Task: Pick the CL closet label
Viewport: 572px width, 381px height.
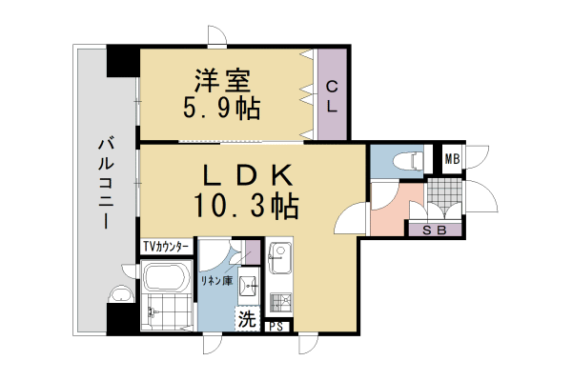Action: coord(332,96)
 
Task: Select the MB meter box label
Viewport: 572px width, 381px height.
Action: coord(451,159)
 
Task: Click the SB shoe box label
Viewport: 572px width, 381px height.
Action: coord(434,229)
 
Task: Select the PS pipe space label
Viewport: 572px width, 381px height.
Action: coord(276,327)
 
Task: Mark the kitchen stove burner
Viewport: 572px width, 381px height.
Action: coord(279,302)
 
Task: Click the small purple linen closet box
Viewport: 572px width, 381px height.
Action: coord(252,252)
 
